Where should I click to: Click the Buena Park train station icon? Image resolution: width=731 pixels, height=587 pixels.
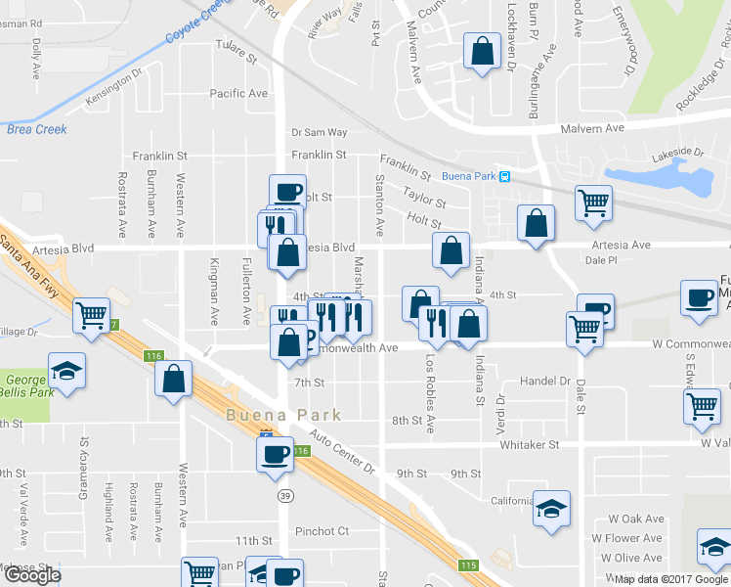[x=504, y=177]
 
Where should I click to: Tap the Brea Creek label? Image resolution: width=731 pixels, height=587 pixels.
[x=37, y=129]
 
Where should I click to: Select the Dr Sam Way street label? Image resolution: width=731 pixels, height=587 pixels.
[x=320, y=132]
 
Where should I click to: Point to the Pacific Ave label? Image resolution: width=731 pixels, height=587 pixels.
[x=238, y=94]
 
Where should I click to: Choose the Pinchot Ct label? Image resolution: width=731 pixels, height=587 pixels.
[x=323, y=531]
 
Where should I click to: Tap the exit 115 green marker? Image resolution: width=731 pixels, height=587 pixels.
[x=469, y=565]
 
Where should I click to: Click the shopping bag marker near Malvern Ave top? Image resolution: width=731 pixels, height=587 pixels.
[x=482, y=52]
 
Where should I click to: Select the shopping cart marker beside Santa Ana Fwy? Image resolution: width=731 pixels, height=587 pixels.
[x=92, y=315]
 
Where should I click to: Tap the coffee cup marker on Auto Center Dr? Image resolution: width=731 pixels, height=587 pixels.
[x=275, y=453]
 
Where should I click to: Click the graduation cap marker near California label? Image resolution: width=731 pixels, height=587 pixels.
[x=551, y=509]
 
